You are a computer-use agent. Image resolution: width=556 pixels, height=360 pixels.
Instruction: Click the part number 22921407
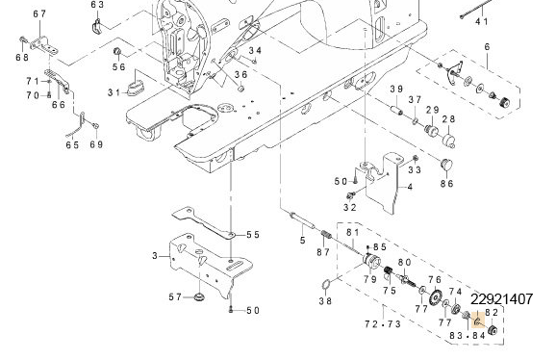[x=501, y=299]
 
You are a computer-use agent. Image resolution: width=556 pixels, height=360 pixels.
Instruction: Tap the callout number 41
[x=482, y=21]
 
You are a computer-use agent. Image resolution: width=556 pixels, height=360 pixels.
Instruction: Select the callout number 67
[x=39, y=13]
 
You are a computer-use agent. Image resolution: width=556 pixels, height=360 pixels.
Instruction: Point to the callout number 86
[x=446, y=184]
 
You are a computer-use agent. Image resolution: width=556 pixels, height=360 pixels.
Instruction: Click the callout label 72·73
[x=383, y=324]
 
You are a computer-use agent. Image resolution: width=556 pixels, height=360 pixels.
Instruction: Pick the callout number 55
[x=253, y=235]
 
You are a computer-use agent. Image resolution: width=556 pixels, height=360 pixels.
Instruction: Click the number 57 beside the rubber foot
[x=175, y=296]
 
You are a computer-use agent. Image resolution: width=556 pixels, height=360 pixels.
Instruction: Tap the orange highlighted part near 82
[x=478, y=322]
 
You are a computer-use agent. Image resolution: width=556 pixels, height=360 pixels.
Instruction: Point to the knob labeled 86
[x=446, y=165]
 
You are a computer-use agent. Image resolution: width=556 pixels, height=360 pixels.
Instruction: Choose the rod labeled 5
[x=302, y=220]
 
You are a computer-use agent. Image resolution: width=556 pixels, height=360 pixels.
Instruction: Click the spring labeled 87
[x=326, y=235]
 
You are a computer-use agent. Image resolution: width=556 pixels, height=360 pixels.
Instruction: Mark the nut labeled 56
[x=117, y=52]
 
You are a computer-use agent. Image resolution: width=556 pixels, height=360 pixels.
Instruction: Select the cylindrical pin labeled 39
[x=396, y=109]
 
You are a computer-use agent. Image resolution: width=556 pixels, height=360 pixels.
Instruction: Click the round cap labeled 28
[x=449, y=141]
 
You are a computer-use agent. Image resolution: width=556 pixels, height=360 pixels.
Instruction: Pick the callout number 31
[x=114, y=92]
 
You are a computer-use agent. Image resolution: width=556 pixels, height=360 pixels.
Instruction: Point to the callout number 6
[x=487, y=46]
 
